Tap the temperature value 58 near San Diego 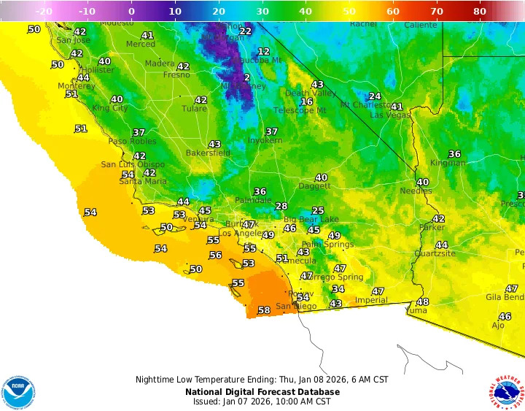pos(264,310)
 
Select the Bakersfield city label pos(208,153)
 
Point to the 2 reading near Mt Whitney pos(247,77)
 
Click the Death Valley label pos(310,93)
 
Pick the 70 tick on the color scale pos(437,12)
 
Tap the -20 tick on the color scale pos(44,12)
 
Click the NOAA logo pos(18,393)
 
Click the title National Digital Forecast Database pos(262,391)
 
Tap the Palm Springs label pos(322,244)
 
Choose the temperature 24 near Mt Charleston pos(375,96)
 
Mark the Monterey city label pos(77,86)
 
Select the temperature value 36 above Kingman pos(454,153)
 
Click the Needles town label pos(416,191)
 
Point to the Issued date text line pos(262,402)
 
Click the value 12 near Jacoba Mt pos(263,52)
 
